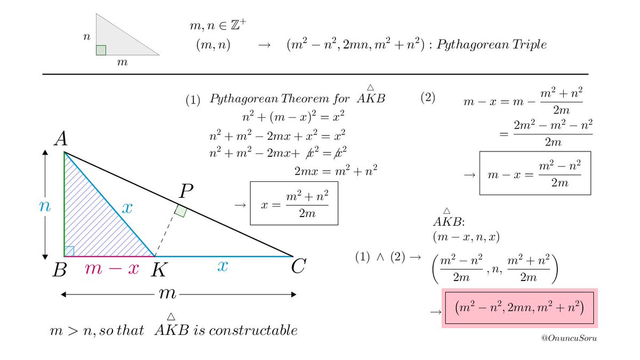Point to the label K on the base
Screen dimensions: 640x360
tap(157, 270)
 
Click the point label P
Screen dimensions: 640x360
tap(187, 191)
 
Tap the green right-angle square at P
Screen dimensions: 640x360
tap(181, 211)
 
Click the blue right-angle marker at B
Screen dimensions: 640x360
tap(69, 251)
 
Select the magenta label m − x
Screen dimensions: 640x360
tap(112, 269)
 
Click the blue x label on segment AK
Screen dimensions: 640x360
tap(126, 208)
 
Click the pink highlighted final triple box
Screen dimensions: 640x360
tap(520, 308)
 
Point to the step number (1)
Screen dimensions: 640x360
tap(193, 100)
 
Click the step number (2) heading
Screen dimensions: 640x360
tap(428, 98)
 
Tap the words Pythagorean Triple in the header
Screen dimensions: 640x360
tap(491, 45)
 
